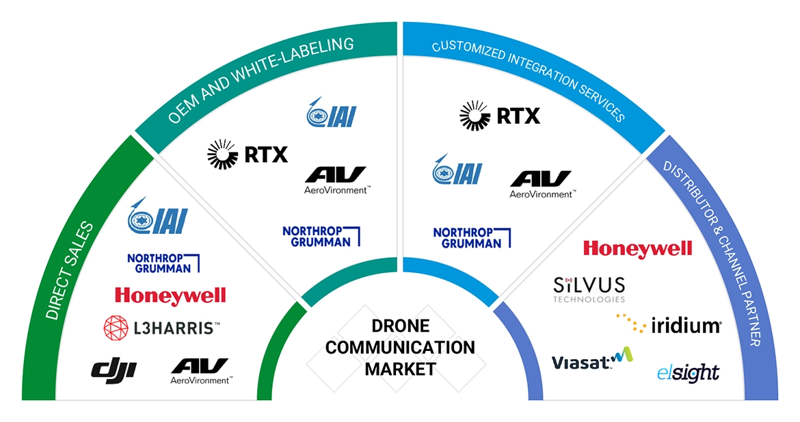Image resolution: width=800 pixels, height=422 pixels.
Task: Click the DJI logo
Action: [114, 370]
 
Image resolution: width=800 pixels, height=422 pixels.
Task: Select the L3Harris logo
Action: [161, 328]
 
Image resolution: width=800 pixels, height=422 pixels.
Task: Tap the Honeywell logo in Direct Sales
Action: [170, 295]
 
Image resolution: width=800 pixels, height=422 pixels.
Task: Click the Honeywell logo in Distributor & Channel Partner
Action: [637, 248]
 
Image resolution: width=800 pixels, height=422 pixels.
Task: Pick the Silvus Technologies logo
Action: [589, 288]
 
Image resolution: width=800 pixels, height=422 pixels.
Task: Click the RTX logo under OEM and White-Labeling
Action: [248, 155]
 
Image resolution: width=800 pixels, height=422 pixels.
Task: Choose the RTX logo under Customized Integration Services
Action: [500, 115]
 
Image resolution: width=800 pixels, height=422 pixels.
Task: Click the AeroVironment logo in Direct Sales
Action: [201, 370]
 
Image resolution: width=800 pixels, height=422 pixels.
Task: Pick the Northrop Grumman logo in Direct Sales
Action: [163, 263]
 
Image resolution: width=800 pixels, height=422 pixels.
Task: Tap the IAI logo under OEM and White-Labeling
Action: [332, 113]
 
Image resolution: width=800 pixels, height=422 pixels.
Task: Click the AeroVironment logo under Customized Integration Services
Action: [541, 184]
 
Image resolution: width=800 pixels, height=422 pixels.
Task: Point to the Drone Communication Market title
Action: [400, 347]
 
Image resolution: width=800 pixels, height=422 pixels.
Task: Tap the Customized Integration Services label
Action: [529, 81]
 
